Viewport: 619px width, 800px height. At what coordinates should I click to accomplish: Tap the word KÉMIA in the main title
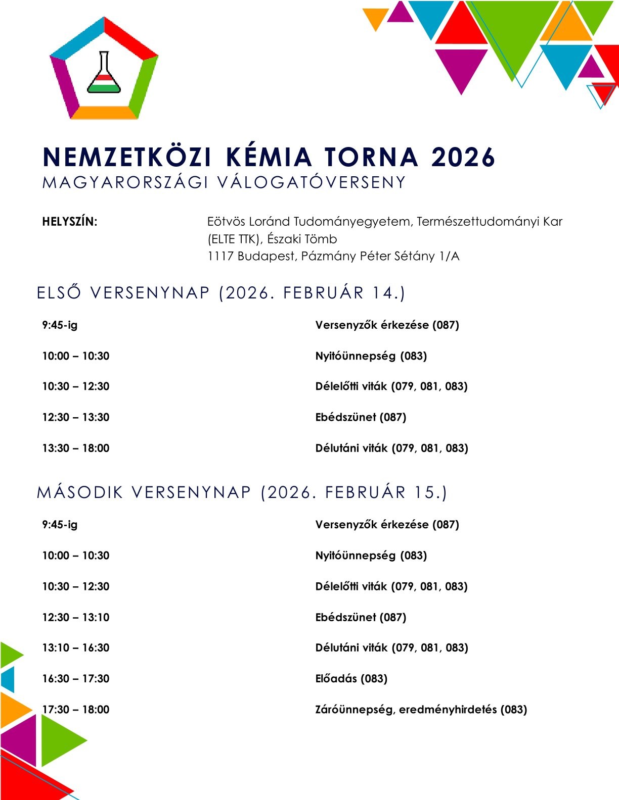pyautogui.click(x=269, y=157)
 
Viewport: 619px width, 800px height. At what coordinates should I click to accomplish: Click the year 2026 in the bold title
pyautogui.click(x=463, y=157)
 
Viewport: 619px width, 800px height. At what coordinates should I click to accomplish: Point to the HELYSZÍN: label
pyautogui.click(x=70, y=222)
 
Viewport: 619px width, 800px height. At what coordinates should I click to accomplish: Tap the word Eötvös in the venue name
pyautogui.click(x=226, y=222)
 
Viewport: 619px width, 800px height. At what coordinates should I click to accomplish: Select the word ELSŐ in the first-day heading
pyautogui.click(x=59, y=293)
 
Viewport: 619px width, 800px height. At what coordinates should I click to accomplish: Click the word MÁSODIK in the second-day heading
pyautogui.click(x=80, y=492)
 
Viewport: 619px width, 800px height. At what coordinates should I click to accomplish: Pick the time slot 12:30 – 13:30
pyautogui.click(x=76, y=417)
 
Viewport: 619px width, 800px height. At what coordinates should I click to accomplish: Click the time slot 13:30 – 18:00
pyautogui.click(x=76, y=448)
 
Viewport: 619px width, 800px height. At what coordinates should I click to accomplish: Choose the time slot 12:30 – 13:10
pyautogui.click(x=76, y=617)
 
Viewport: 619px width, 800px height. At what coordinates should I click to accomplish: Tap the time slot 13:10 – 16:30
pyautogui.click(x=76, y=647)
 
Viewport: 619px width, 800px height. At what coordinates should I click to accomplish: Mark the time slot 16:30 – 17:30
pyautogui.click(x=76, y=678)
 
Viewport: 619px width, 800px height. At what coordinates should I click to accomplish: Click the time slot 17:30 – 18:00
pyautogui.click(x=76, y=710)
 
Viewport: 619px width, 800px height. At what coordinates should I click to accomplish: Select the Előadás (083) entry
pyautogui.click(x=351, y=678)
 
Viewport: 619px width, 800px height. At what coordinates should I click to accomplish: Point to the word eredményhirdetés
pyautogui.click(x=448, y=710)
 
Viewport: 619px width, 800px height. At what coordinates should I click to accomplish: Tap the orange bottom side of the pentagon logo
pyautogui.click(x=104, y=113)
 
